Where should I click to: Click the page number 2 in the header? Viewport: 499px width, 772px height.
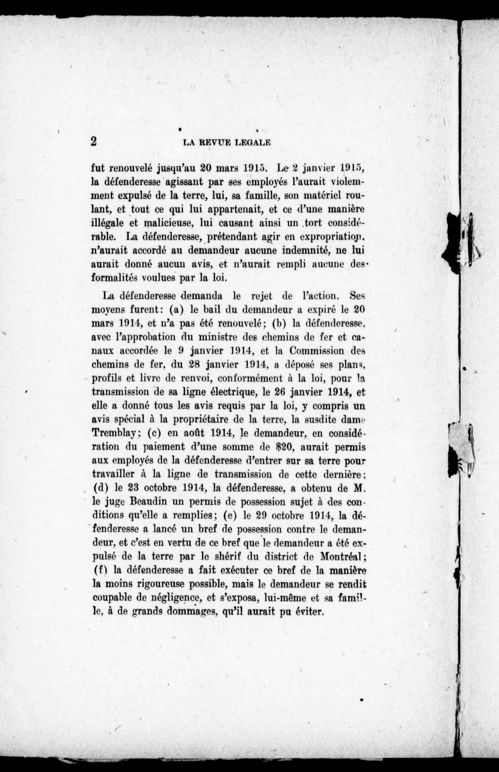pos(94,141)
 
